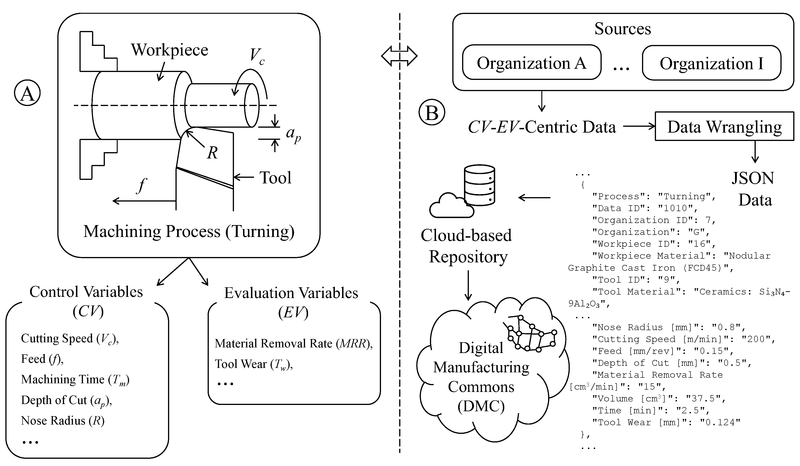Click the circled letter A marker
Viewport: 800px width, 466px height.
point(27,93)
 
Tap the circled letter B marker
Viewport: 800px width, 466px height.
point(432,112)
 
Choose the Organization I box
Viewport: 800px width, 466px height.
point(711,63)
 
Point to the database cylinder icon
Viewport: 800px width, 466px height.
point(479,185)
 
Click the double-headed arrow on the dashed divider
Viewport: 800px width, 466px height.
point(399,56)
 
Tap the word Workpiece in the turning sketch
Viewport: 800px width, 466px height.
point(169,50)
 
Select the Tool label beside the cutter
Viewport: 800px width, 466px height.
point(275,178)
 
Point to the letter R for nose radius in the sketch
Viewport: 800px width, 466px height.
point(212,153)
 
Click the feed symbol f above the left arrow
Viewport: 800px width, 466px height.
point(142,185)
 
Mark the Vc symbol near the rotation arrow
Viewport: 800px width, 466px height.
point(257,56)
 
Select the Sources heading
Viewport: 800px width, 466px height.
point(622,29)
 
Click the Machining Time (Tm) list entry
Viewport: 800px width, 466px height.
point(75,380)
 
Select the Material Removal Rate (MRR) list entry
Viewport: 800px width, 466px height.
point(293,343)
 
